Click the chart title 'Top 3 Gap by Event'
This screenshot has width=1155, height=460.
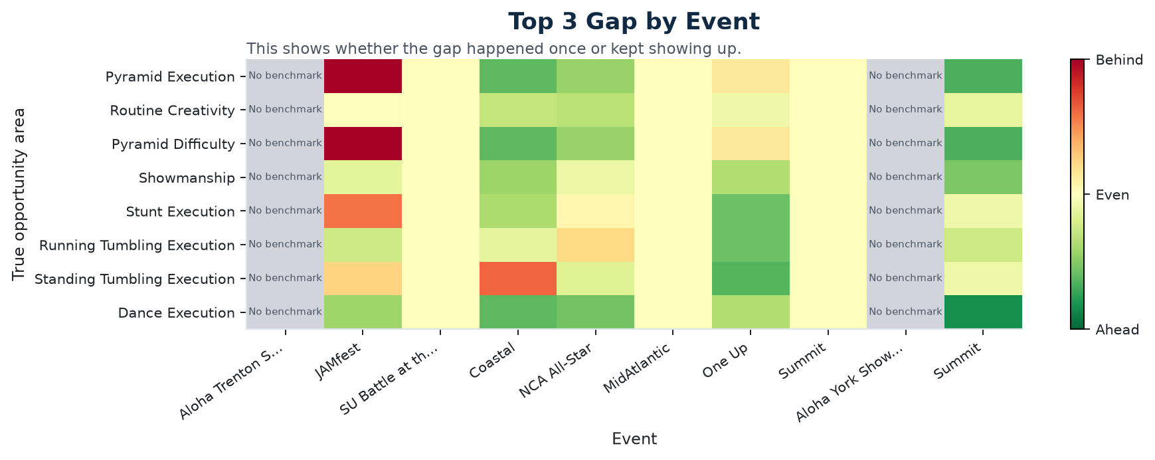pyautogui.click(x=634, y=22)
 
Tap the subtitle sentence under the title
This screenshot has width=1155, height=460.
pyautogui.click(x=493, y=49)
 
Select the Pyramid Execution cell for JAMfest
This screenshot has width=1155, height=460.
pyautogui.click(x=363, y=76)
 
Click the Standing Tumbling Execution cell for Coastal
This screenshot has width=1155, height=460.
pyautogui.click(x=518, y=279)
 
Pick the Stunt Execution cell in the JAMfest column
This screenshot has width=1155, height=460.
pyautogui.click(x=363, y=211)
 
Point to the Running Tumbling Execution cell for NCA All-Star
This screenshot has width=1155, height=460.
pyautogui.click(x=596, y=245)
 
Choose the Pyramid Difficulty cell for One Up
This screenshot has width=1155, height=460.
pyautogui.click(x=751, y=144)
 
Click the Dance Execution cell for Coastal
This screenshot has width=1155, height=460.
pyautogui.click(x=518, y=312)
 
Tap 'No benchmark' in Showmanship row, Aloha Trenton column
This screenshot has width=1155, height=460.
pyautogui.click(x=285, y=177)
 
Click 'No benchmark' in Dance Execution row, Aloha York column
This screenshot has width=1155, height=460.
pyautogui.click(x=905, y=312)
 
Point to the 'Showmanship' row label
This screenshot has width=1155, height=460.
pyautogui.click(x=187, y=177)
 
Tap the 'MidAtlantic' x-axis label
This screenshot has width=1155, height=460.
pyautogui.click(x=638, y=376)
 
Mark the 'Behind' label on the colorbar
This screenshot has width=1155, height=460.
pyautogui.click(x=1119, y=60)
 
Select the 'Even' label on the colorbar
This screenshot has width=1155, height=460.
pyautogui.click(x=1112, y=195)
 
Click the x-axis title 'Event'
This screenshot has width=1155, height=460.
pyautogui.click(x=634, y=439)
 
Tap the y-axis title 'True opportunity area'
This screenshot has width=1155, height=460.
pyautogui.click(x=19, y=194)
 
